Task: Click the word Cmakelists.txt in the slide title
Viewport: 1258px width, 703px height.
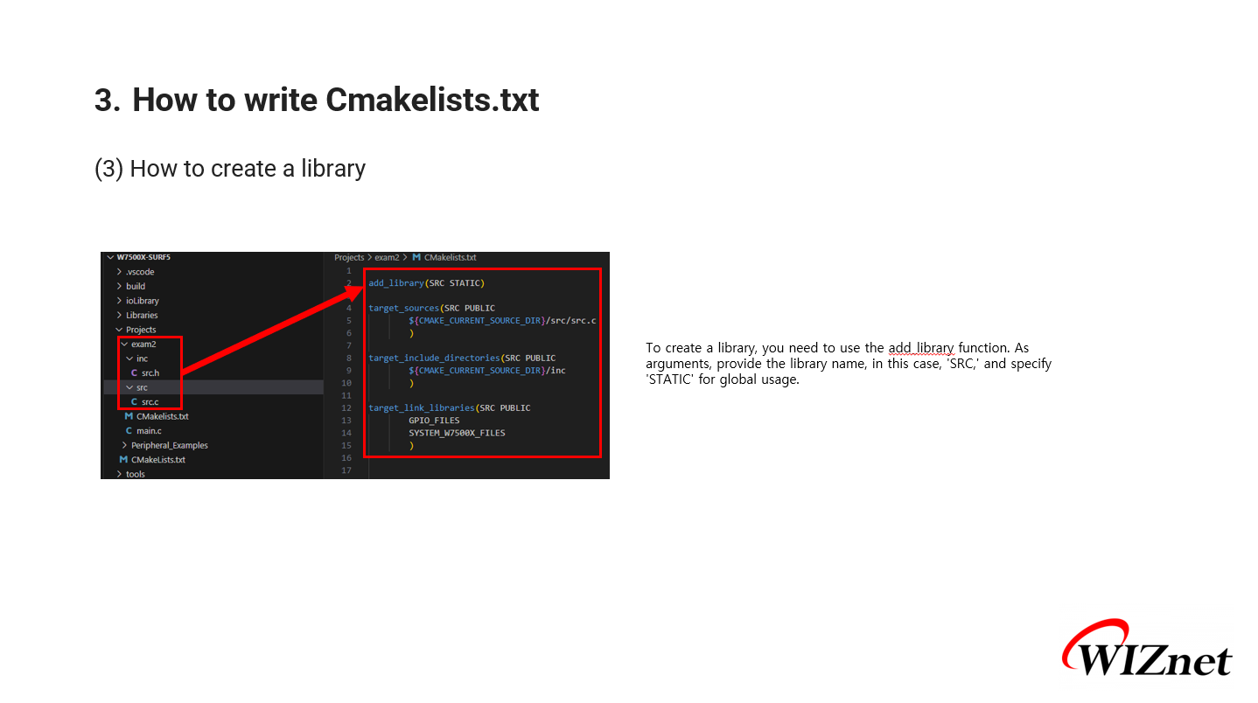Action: tap(432, 101)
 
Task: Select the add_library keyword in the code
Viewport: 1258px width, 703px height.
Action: tap(395, 283)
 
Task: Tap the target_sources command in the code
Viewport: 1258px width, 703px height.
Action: tap(403, 308)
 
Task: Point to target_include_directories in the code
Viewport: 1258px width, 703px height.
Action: tap(433, 358)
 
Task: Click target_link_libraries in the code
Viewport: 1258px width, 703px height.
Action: tap(421, 407)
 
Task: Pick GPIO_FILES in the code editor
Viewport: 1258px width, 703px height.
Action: tap(434, 421)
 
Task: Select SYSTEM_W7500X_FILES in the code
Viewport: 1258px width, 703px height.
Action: tap(457, 433)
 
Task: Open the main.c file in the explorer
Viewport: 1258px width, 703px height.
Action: tap(149, 431)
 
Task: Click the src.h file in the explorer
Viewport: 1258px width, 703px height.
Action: tap(150, 373)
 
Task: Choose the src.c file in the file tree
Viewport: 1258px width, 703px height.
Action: tap(150, 402)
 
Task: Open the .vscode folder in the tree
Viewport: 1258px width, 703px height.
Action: tap(140, 272)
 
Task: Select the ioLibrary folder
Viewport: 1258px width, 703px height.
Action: tap(143, 301)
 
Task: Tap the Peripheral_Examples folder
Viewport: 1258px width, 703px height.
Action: tap(170, 445)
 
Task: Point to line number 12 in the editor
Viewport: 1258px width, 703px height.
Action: tap(347, 408)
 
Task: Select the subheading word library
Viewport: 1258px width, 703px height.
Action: tap(333, 169)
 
